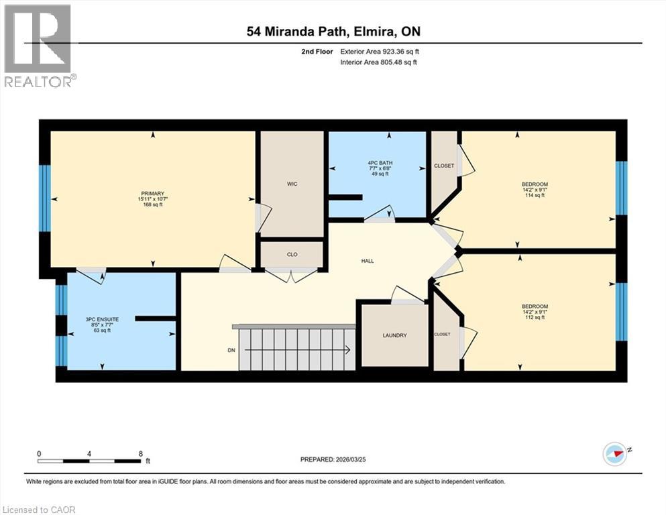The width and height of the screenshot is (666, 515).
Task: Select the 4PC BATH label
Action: [x=378, y=162]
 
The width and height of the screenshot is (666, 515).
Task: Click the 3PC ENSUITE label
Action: [x=103, y=320]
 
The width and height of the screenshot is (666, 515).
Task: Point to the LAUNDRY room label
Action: [x=395, y=335]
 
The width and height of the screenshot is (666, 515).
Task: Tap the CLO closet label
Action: [x=292, y=255]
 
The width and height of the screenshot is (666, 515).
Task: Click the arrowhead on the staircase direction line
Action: [x=347, y=349]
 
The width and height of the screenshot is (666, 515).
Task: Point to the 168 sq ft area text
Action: [x=152, y=205]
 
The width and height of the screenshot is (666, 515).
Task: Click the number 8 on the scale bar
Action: [x=140, y=453]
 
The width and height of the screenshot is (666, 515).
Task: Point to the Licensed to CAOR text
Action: [x=39, y=510]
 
